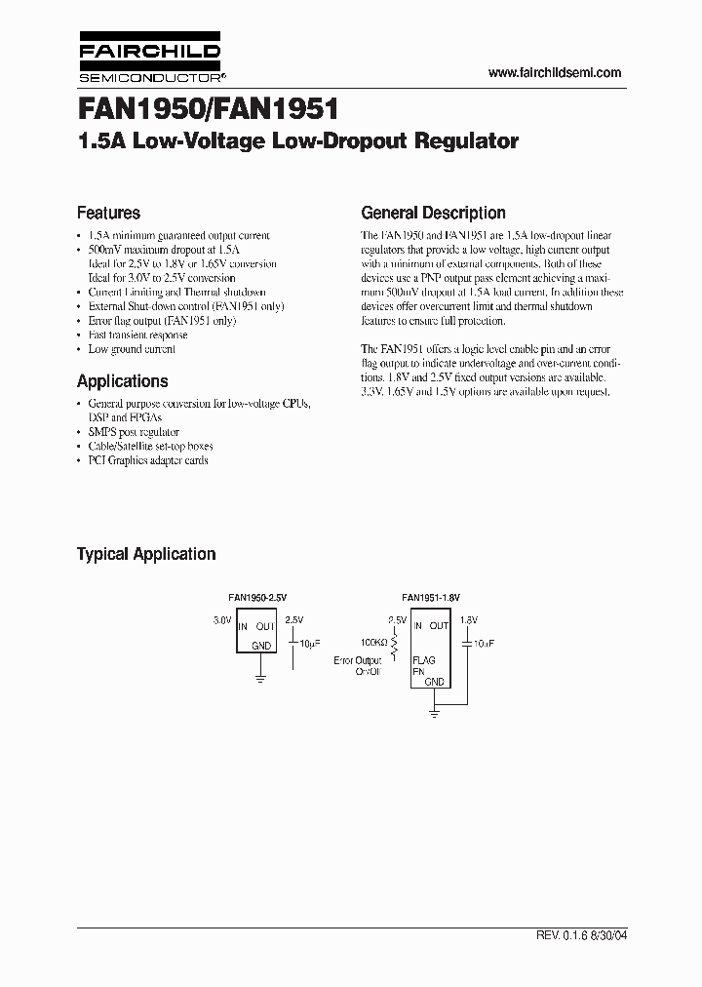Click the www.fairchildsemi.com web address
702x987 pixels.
click(x=554, y=73)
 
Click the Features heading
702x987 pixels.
click(x=108, y=213)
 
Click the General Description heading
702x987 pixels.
click(x=433, y=213)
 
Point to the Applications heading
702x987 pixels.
click(x=122, y=381)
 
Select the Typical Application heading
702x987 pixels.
click(x=146, y=554)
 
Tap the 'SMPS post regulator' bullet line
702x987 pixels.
click(x=134, y=432)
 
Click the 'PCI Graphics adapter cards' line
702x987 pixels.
click(x=148, y=460)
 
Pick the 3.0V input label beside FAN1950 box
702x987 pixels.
click(x=222, y=620)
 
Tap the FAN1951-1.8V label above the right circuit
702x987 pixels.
click(x=430, y=596)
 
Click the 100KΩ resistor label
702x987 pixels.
click(x=373, y=644)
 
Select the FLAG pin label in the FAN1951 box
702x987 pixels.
click(x=424, y=660)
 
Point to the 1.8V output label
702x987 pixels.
click(x=468, y=620)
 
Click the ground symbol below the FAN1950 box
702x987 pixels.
click(x=261, y=680)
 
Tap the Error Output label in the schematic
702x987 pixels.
click(x=358, y=660)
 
